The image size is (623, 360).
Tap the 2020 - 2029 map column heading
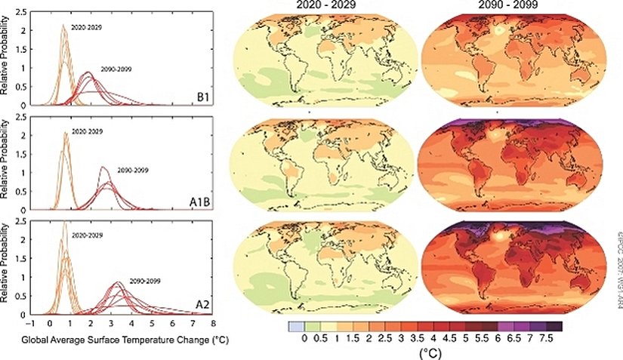tap(322, 5)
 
